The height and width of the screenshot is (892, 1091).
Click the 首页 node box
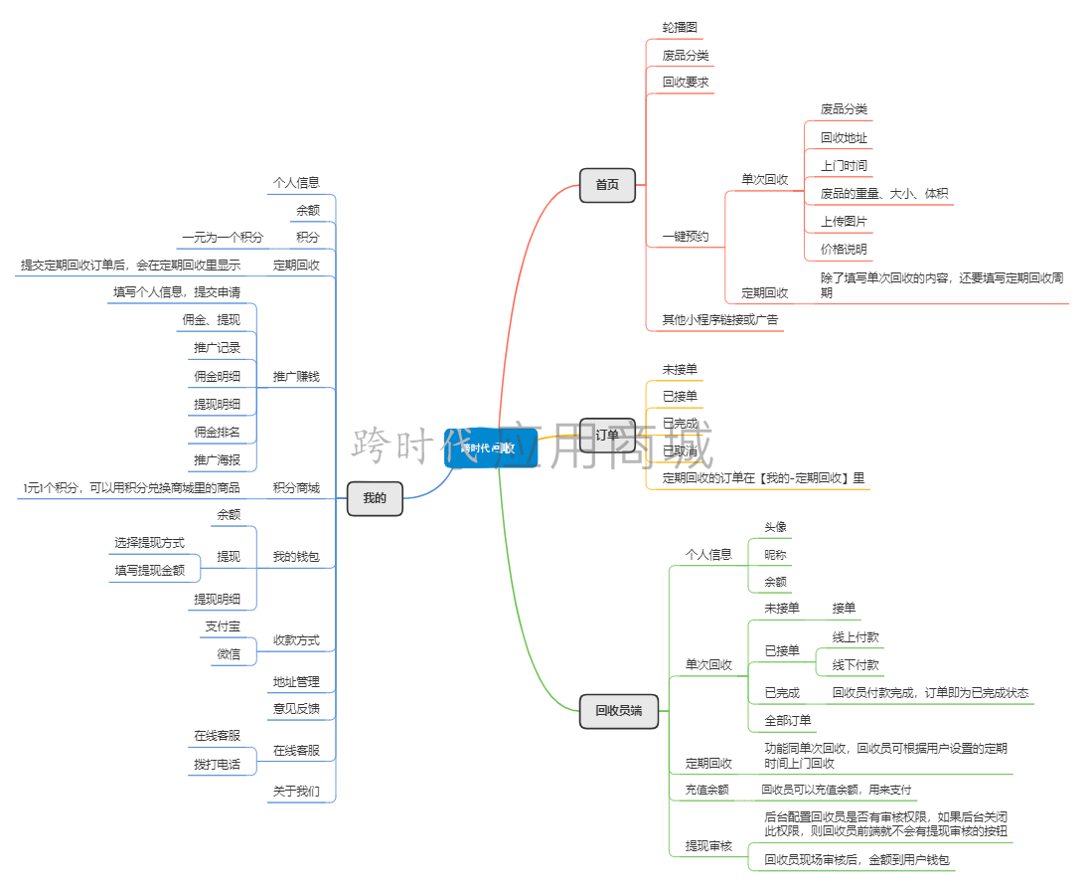point(607,185)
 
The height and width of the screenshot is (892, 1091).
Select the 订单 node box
point(607,436)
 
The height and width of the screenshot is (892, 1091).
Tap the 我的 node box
point(375,498)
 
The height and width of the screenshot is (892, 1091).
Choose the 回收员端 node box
point(618,711)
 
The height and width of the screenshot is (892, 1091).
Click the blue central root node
point(491,448)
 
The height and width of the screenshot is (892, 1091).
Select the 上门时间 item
point(844,165)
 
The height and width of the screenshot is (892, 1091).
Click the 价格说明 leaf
point(844,249)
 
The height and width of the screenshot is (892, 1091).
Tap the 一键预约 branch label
point(686,237)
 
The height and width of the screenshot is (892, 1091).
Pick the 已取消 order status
point(680,451)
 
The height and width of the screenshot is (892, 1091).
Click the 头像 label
point(775,527)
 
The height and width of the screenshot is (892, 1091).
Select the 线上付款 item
point(856,637)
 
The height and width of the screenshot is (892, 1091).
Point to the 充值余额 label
point(706,791)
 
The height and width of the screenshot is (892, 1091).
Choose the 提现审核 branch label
point(708,846)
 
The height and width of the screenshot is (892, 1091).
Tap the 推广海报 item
point(217,459)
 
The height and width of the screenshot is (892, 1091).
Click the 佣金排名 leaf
point(217,433)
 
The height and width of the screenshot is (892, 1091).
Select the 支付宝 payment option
point(223,626)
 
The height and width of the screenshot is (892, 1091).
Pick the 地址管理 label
point(296,682)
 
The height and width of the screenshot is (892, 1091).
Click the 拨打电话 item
point(217,765)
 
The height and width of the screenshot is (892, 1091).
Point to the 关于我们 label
point(296,792)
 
